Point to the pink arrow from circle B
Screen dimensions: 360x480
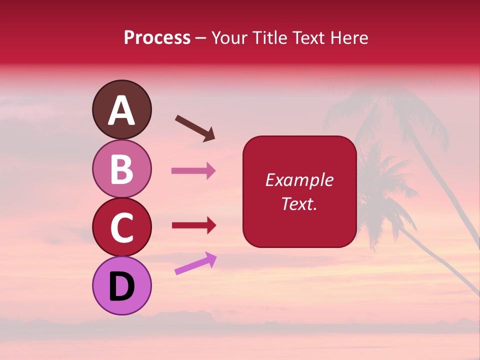point(193,171)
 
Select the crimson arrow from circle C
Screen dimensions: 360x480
point(193,225)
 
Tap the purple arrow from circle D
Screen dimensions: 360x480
point(195,264)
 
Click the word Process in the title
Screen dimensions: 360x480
point(157,38)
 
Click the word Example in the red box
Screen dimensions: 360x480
point(299,180)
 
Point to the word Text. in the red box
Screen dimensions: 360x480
point(299,203)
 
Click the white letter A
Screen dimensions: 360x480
point(122,110)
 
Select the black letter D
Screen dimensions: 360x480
point(122,286)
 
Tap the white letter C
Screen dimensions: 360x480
point(122,227)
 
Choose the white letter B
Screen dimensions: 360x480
point(122,169)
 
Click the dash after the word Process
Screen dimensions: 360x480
point(201,38)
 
